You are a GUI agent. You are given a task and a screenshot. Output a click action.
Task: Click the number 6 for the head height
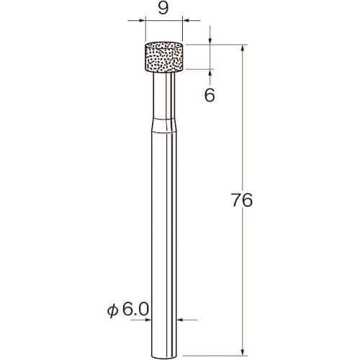(x=210, y=95)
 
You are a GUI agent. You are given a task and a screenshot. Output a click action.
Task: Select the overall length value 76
(x=242, y=199)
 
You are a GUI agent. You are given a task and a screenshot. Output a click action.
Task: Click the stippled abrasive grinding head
(x=164, y=57)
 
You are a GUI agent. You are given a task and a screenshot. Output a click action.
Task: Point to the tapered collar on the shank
(x=164, y=125)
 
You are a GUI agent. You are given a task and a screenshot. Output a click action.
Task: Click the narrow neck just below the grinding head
(x=164, y=95)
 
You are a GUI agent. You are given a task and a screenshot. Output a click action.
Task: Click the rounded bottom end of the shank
(x=164, y=356)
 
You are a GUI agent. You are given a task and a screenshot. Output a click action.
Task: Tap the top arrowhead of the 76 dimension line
(x=243, y=48)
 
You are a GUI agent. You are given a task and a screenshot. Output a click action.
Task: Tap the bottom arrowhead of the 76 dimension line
(x=243, y=351)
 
